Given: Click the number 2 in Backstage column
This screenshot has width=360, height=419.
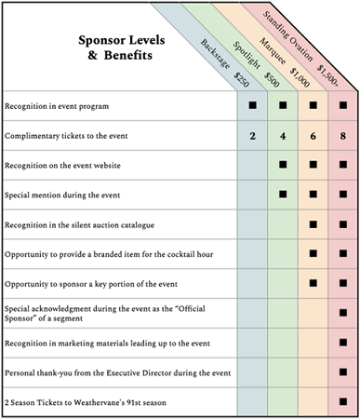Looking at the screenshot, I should pos(251,136).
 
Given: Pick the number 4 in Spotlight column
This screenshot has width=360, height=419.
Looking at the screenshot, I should pos(283,136).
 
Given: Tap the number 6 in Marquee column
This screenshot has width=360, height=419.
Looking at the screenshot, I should pos(314,136).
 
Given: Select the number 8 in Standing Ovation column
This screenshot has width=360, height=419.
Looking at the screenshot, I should pos(344,136).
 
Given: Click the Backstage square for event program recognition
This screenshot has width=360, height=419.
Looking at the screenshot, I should pos(251,106).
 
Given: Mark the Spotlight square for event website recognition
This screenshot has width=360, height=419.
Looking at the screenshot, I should pos(283,165).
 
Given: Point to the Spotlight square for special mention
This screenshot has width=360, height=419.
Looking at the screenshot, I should pos(283,195).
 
